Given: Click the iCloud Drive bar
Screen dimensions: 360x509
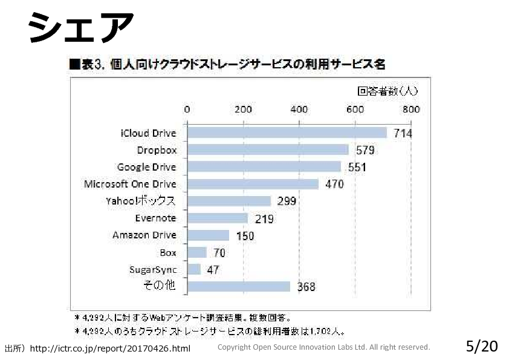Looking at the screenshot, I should (287, 133).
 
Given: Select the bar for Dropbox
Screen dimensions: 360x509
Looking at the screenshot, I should (268, 150).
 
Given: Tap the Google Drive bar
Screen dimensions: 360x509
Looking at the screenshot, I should (264, 167).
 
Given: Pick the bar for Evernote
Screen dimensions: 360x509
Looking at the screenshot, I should (218, 218).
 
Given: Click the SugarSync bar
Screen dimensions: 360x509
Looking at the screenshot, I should (194, 269).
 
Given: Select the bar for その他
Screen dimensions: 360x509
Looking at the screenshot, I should (239, 286).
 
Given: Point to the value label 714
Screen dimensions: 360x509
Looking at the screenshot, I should (403, 134).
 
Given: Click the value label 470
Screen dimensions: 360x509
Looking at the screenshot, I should (334, 185).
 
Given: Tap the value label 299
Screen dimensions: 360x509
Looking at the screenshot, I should (287, 201).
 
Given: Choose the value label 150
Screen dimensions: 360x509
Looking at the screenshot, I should (245, 236).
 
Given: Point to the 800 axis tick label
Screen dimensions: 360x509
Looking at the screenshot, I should (411, 110).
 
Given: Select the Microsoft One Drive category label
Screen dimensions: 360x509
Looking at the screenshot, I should (130, 184).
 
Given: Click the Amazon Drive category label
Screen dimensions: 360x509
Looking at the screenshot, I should (144, 235).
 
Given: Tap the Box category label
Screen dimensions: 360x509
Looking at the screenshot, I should (168, 252).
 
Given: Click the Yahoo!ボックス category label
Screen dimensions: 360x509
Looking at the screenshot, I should (141, 201).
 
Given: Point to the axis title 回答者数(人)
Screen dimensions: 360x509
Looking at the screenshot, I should (387, 91).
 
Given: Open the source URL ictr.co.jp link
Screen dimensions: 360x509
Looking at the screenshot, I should (109, 349).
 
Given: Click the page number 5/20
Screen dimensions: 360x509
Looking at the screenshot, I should (482, 347).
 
